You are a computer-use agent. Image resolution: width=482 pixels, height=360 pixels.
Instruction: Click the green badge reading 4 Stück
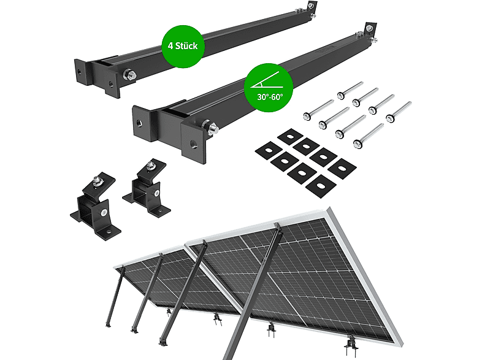[x=183, y=46]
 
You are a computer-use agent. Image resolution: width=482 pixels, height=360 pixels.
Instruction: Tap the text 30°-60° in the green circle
[x=270, y=97]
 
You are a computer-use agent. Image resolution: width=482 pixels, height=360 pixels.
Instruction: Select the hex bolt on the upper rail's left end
[x=130, y=75]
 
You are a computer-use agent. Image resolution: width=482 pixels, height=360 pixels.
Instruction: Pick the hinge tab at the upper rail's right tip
[x=312, y=7]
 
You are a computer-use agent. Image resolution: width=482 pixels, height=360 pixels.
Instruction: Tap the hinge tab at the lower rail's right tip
[x=371, y=28]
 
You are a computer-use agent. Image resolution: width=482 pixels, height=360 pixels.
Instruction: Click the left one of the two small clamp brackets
[x=96, y=206]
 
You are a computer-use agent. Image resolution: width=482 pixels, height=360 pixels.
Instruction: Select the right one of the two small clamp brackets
[x=147, y=188]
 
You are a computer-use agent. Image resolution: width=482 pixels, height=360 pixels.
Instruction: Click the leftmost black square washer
[x=269, y=150]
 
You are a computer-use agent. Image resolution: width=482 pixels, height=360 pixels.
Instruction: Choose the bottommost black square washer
[x=321, y=186]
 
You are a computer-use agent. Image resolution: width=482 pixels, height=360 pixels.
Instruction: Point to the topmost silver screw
[x=350, y=90]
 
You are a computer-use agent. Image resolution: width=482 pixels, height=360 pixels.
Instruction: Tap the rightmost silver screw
[x=399, y=112]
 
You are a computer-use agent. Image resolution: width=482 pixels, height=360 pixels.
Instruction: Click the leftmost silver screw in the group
[x=318, y=110]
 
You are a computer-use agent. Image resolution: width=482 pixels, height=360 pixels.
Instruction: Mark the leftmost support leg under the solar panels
[x=114, y=297]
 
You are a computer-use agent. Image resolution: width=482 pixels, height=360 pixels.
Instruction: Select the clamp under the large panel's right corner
[x=351, y=345]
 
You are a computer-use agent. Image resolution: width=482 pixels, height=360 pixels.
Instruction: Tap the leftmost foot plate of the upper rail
[x=83, y=72]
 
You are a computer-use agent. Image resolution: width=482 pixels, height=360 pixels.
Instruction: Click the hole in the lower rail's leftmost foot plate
[x=139, y=123]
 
